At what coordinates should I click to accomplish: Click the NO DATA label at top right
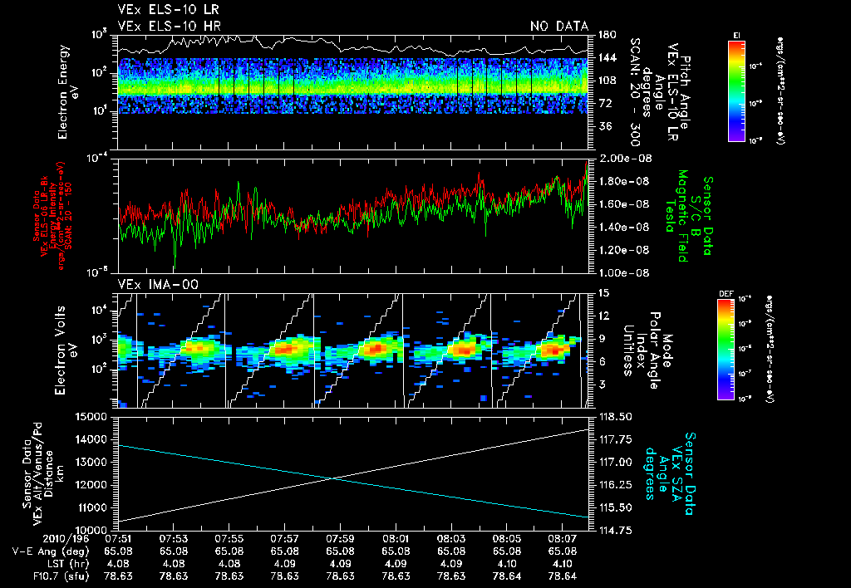558,27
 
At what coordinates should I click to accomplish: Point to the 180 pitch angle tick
606,35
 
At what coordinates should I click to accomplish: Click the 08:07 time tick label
562,538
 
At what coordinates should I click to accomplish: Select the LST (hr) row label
44,562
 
